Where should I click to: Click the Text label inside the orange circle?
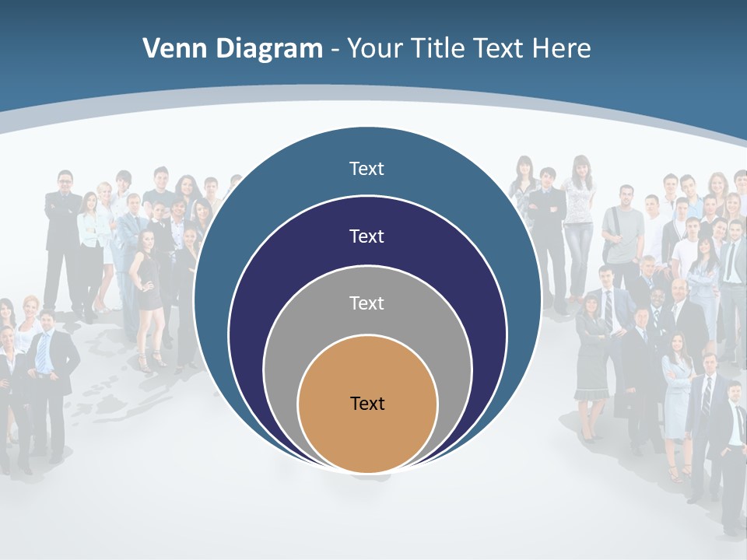(367, 404)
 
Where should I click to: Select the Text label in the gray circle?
(367, 303)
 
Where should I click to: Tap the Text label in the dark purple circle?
(367, 236)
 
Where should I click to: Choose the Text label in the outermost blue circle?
(367, 169)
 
